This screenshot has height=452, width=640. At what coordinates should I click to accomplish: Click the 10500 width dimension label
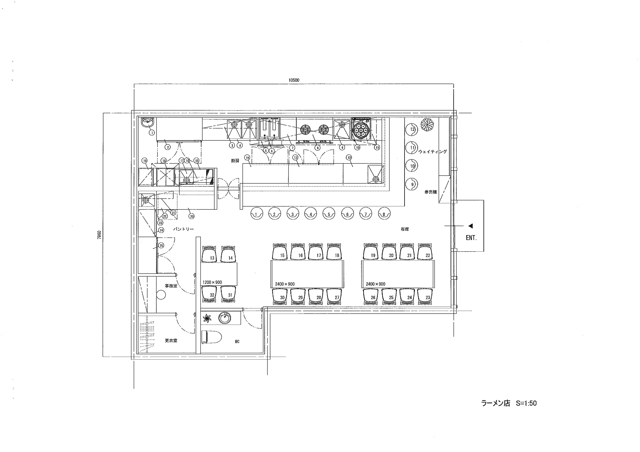point(294,80)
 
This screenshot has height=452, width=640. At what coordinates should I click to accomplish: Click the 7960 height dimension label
point(99,235)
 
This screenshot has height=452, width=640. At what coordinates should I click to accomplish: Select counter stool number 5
point(329,214)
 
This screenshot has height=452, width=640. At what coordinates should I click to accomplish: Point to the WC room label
point(237,341)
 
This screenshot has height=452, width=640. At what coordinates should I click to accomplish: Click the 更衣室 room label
point(171,340)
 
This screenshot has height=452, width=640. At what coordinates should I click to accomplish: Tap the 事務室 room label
point(171,286)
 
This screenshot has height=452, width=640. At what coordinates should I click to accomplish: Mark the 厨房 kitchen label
point(235,161)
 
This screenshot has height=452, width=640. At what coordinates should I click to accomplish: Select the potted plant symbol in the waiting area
point(427,125)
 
